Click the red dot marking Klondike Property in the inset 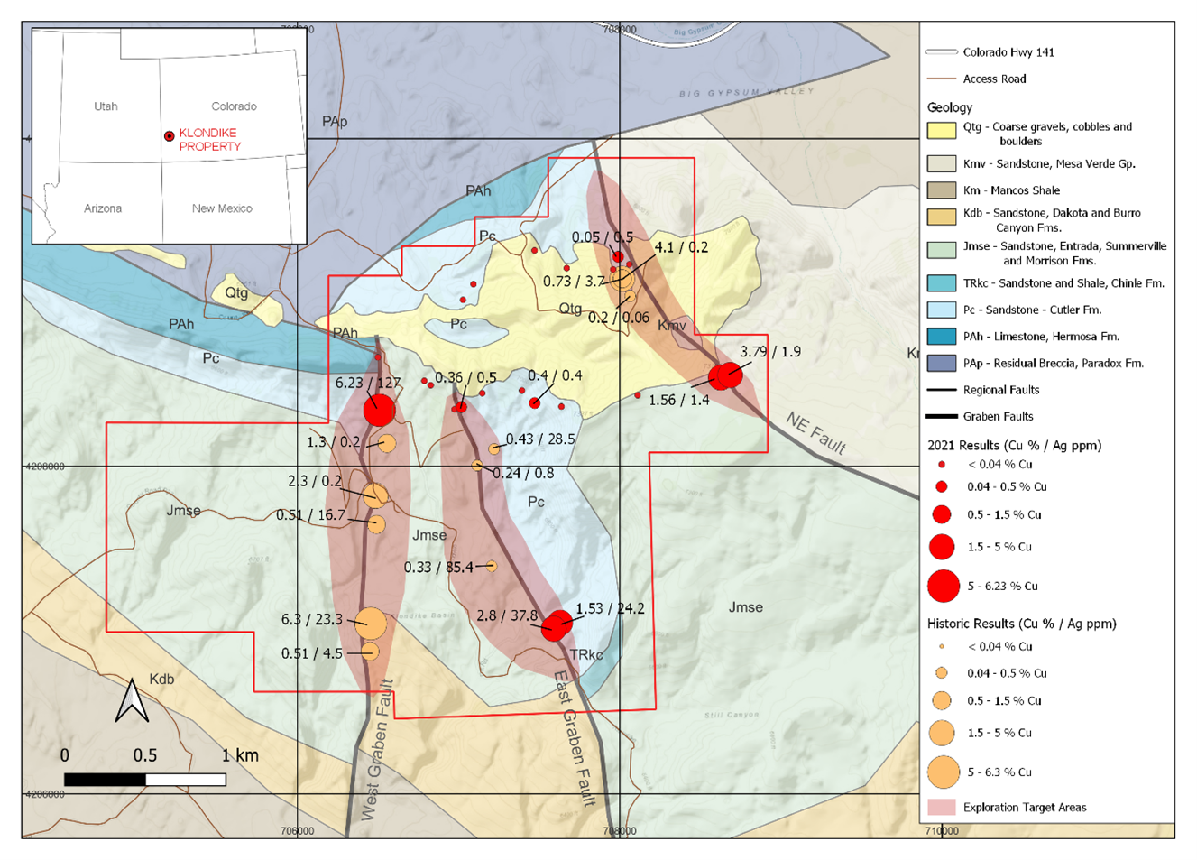(x=169, y=136)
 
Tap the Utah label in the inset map (x=106, y=106)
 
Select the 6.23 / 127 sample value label (x=368, y=383)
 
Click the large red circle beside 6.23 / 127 (x=380, y=411)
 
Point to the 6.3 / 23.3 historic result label (x=311, y=620)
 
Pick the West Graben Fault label (x=378, y=749)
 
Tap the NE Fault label (x=815, y=433)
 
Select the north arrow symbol (x=132, y=700)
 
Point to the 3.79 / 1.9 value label (x=769, y=352)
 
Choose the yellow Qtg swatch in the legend (x=941, y=129)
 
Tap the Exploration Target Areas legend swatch (x=941, y=807)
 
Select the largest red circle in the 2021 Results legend (x=943, y=586)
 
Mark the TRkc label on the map (x=585, y=655)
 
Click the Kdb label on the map (x=161, y=679)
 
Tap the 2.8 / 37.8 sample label (x=506, y=616)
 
